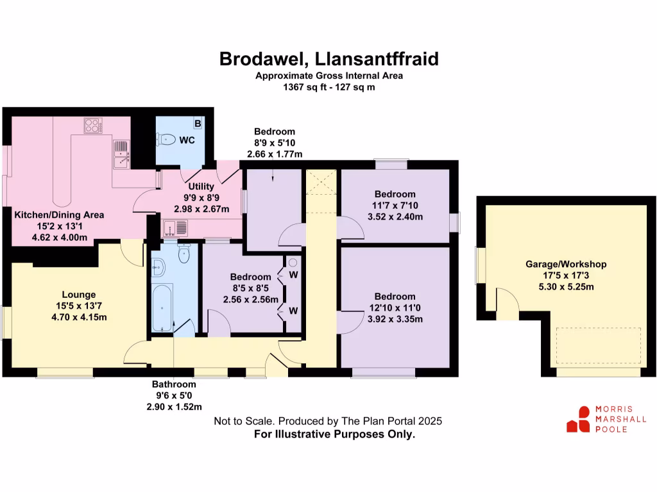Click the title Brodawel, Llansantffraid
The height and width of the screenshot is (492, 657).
[x=329, y=58]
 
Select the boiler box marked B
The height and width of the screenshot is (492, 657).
[x=198, y=123]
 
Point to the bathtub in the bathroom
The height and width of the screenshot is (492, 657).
[x=160, y=307]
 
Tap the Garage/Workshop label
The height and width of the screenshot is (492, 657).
[x=566, y=264]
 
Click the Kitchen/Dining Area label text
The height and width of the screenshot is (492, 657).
[x=59, y=215]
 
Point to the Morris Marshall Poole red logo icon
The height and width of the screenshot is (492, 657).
[x=578, y=419]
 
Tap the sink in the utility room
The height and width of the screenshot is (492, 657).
[x=175, y=227]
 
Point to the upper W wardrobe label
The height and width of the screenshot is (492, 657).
[x=293, y=275]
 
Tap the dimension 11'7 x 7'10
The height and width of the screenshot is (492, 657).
[x=395, y=205]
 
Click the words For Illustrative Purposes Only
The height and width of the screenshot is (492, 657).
[x=335, y=434]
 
